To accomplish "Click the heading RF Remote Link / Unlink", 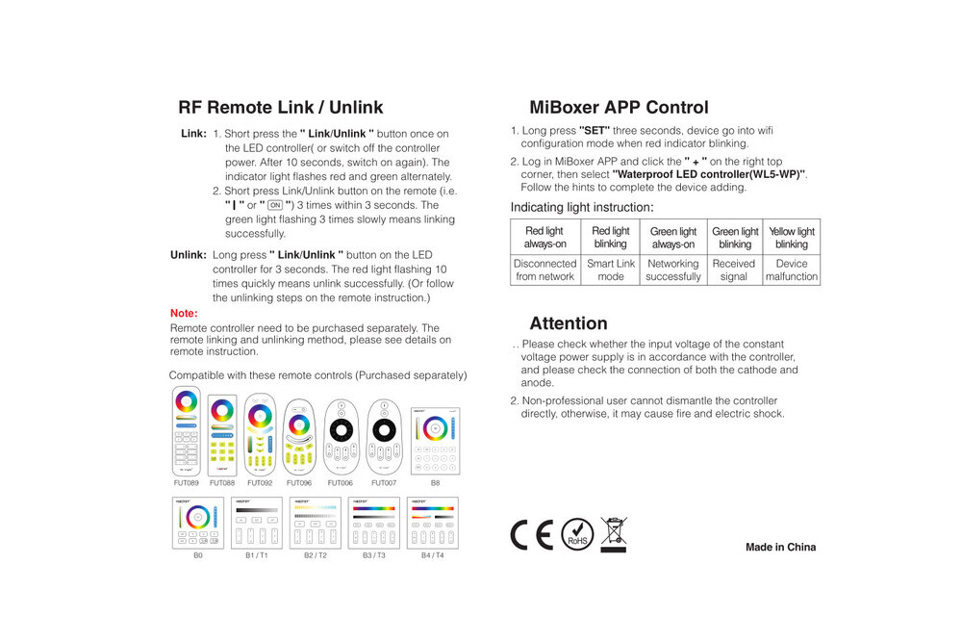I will (281, 108).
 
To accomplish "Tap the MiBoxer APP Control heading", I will (619, 108).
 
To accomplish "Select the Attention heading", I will (568, 323).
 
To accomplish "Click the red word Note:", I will (184, 314).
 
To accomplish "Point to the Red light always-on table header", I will (544, 238).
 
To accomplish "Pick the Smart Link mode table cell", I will (611, 270).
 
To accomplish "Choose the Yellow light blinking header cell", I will (792, 238).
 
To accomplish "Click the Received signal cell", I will (734, 270).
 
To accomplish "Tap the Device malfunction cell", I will (792, 270).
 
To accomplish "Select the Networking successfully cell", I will (673, 270).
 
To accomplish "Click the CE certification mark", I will (531, 534).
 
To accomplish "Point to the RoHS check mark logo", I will (577, 534).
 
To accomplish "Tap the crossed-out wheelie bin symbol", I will (613, 534).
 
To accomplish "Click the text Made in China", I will (780, 548).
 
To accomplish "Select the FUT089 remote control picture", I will (187, 431).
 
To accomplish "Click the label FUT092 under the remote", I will (260, 483).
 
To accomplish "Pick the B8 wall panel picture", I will (435, 441).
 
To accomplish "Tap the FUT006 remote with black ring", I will (341, 437).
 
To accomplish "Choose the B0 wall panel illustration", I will (198, 523).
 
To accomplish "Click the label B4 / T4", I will (431, 556).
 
